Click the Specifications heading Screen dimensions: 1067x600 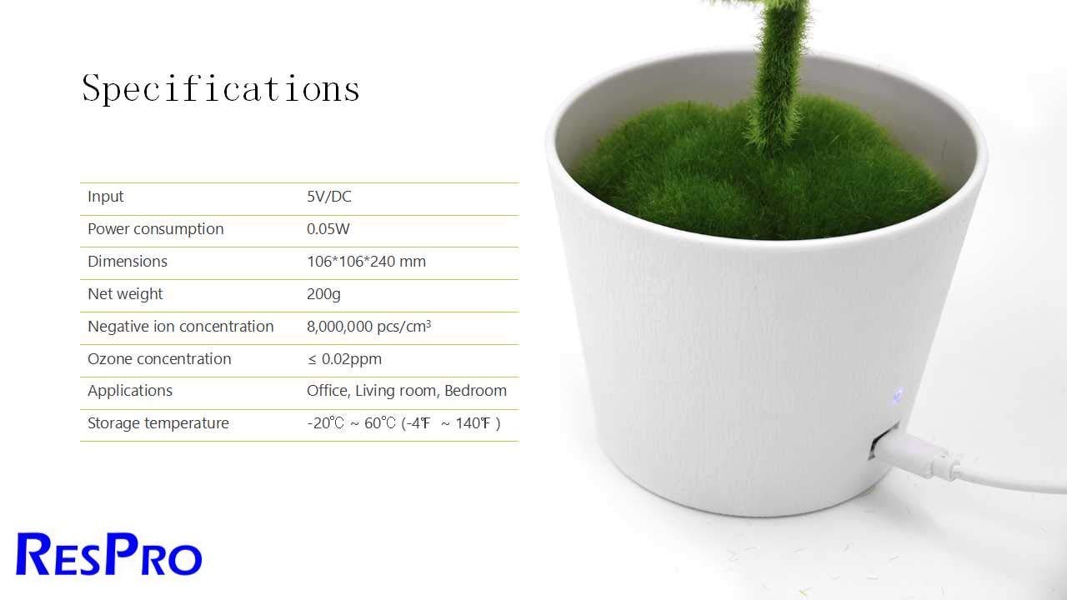[x=221, y=88]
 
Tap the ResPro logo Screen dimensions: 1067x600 [x=109, y=554]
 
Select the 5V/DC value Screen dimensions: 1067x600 [x=329, y=196]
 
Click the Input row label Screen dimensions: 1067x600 [x=105, y=197]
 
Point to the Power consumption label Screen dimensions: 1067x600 [x=155, y=229]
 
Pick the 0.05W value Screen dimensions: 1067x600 [x=328, y=228]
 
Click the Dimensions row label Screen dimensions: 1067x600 [x=128, y=262]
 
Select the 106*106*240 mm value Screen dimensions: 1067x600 [x=366, y=262]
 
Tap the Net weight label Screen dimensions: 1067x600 [x=125, y=294]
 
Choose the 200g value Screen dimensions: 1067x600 [x=323, y=294]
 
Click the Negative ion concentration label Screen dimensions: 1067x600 [x=181, y=326]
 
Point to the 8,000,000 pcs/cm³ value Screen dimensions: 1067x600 [x=368, y=326]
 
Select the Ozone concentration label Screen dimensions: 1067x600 [x=159, y=358]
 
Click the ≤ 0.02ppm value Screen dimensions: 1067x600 [x=344, y=359]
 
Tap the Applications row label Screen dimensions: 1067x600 [x=130, y=391]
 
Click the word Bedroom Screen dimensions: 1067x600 [x=475, y=391]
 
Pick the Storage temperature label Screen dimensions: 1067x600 [x=158, y=423]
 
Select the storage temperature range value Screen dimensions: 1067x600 [x=403, y=423]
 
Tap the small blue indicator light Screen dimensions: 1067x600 [x=897, y=395]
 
